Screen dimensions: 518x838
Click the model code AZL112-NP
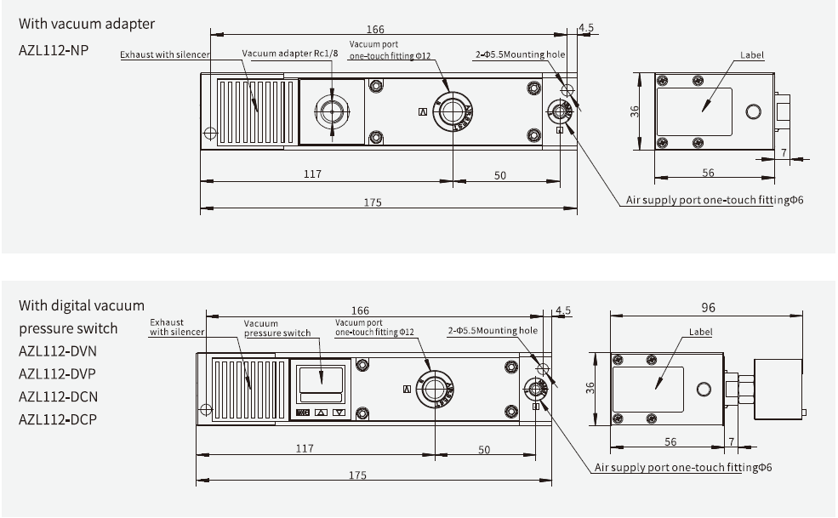click(x=54, y=49)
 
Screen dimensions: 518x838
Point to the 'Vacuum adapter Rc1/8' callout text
click(x=284, y=54)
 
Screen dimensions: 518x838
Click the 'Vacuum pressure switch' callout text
click(x=277, y=328)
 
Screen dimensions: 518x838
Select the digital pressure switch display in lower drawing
click(x=320, y=380)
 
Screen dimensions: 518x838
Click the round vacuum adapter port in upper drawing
click(x=331, y=111)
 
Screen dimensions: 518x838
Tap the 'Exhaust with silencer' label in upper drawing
click(x=164, y=54)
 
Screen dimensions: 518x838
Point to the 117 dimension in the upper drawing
click(x=312, y=174)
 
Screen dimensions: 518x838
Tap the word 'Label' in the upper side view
click(x=751, y=55)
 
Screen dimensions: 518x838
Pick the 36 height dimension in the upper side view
click(x=635, y=112)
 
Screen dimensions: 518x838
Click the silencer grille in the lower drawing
click(x=244, y=389)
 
